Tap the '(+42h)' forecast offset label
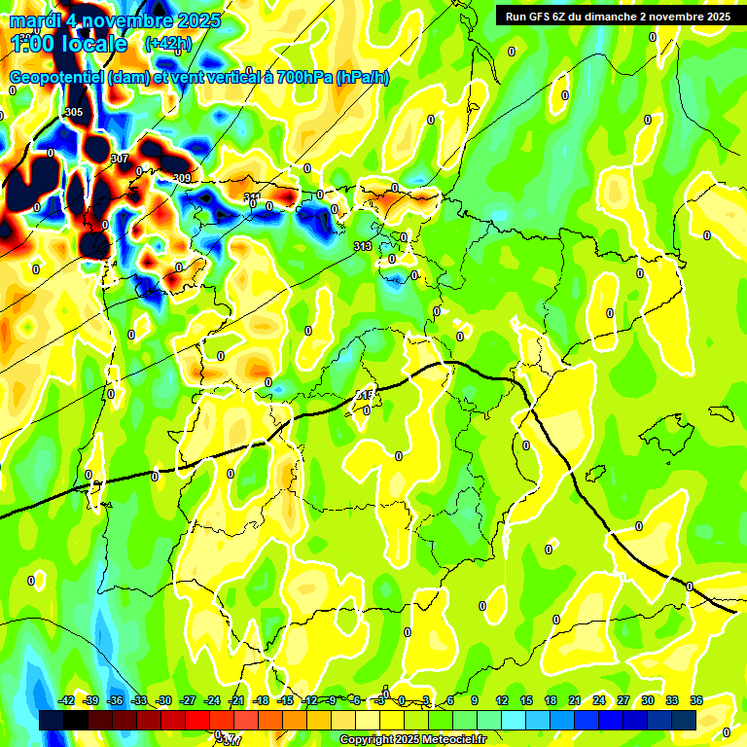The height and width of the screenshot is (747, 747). [x=167, y=44]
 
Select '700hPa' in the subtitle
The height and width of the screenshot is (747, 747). [x=304, y=78]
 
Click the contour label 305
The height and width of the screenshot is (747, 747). [x=73, y=113]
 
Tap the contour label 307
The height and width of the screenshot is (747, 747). [x=120, y=159]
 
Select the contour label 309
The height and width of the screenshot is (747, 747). [x=182, y=178]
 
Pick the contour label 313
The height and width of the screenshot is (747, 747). [x=363, y=247]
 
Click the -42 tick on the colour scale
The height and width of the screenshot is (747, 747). [x=67, y=700]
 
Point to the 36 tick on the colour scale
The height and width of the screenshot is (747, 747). [x=696, y=700]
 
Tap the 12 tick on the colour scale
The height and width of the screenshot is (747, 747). [x=502, y=700]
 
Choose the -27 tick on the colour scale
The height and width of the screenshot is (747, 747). [x=189, y=700]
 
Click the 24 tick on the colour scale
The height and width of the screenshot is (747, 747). [x=599, y=700]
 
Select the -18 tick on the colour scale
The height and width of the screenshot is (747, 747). [x=261, y=700]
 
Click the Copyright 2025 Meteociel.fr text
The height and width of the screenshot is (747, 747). [x=412, y=740]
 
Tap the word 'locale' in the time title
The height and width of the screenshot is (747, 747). [x=92, y=44]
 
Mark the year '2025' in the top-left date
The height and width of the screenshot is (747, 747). [x=194, y=20]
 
